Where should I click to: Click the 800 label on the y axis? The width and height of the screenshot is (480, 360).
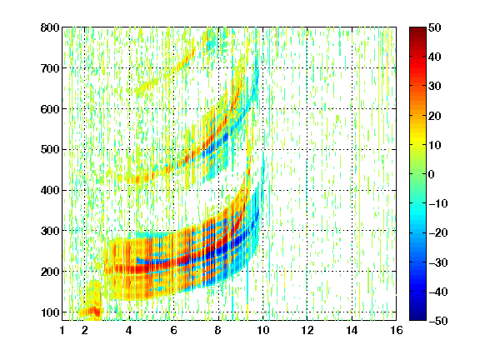50,27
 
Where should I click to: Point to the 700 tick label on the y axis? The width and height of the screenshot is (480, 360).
50,68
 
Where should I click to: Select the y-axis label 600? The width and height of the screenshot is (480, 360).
50,109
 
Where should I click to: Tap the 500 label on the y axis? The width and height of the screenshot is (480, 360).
50,150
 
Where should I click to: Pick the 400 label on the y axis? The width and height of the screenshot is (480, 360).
50,190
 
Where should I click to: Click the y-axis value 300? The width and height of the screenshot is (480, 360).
50,231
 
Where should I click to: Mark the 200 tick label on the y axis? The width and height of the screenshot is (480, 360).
50,272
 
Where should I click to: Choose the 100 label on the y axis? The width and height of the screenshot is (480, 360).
50,312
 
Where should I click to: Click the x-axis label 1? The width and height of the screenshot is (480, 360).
62,330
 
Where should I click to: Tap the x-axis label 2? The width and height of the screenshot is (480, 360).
85,330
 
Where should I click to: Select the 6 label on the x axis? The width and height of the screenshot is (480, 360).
173,330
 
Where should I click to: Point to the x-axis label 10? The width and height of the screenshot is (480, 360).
262,330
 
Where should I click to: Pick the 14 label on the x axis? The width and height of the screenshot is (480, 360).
352,330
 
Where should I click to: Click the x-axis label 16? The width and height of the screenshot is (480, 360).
397,330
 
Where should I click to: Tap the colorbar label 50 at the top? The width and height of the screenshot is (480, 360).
435,27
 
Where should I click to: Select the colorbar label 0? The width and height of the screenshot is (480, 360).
432,174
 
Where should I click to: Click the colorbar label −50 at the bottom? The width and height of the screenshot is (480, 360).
438,321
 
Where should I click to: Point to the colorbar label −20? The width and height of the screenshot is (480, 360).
438,232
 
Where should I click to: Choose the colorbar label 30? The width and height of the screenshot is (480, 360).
435,87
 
